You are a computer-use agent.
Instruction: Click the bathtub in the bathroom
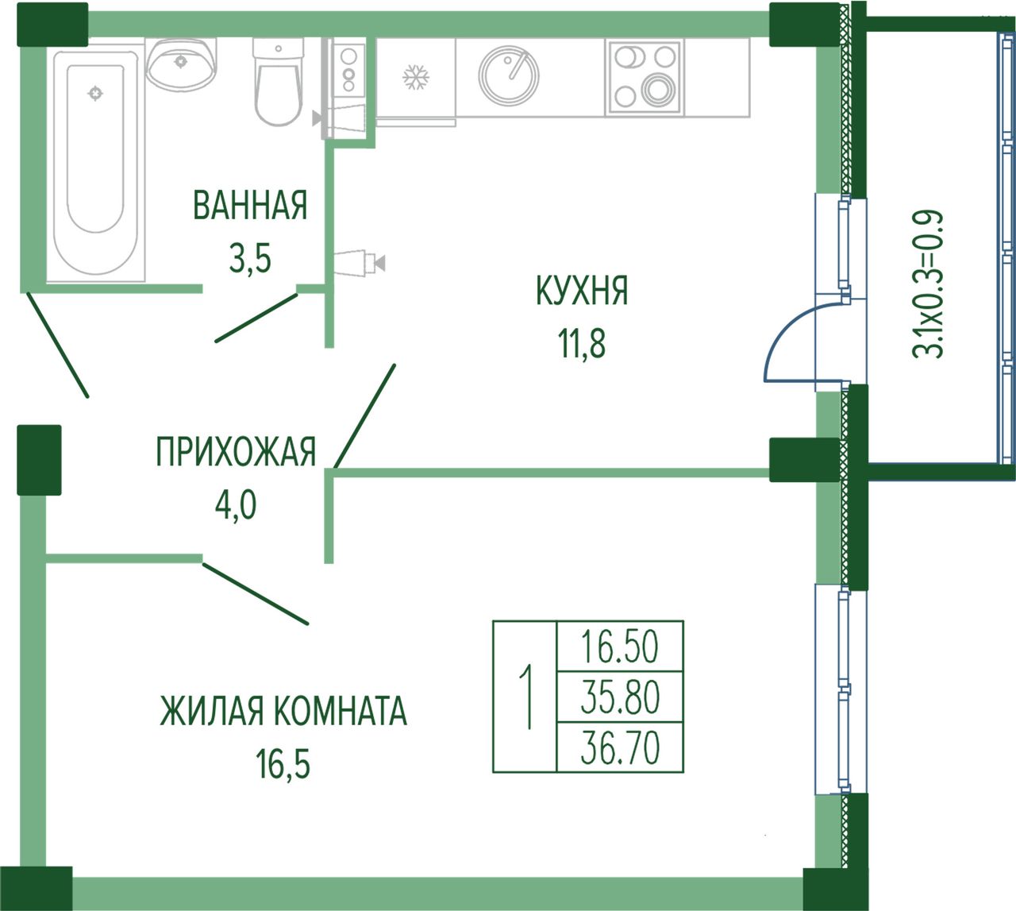point(96,162)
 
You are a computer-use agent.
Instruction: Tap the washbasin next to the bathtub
point(181,64)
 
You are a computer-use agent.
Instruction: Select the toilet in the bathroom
point(279,81)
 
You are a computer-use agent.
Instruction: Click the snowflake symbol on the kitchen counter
point(416,77)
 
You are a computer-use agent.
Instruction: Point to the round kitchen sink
point(509,75)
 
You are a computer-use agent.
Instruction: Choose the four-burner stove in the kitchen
point(645,77)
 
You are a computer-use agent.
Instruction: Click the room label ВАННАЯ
point(250,205)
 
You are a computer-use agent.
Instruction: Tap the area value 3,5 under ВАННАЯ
point(250,259)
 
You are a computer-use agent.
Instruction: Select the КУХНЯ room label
point(582,291)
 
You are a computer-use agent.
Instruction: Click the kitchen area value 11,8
point(582,345)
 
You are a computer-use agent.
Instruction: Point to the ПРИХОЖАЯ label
point(236,452)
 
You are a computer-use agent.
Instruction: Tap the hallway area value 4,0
point(236,505)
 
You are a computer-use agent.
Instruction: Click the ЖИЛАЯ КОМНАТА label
point(283,711)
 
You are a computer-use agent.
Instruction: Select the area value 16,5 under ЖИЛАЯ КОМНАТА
point(283,764)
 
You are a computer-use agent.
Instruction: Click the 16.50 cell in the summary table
point(619,647)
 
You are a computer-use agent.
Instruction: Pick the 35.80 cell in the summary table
point(620,697)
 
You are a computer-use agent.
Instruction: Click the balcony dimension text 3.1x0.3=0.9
point(927,284)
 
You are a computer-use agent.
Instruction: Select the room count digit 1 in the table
point(526,697)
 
